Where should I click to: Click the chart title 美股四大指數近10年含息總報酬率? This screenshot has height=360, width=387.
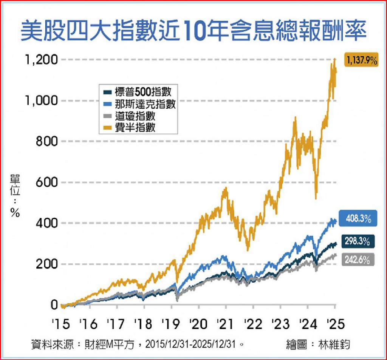[193, 31]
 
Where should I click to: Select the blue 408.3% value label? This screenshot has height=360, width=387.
[357, 218]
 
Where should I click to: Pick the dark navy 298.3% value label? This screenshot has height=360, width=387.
[357, 241]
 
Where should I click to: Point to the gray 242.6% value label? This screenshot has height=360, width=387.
[357, 260]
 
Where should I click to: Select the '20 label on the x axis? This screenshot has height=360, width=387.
[199, 324]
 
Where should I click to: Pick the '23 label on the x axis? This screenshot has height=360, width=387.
[281, 324]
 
